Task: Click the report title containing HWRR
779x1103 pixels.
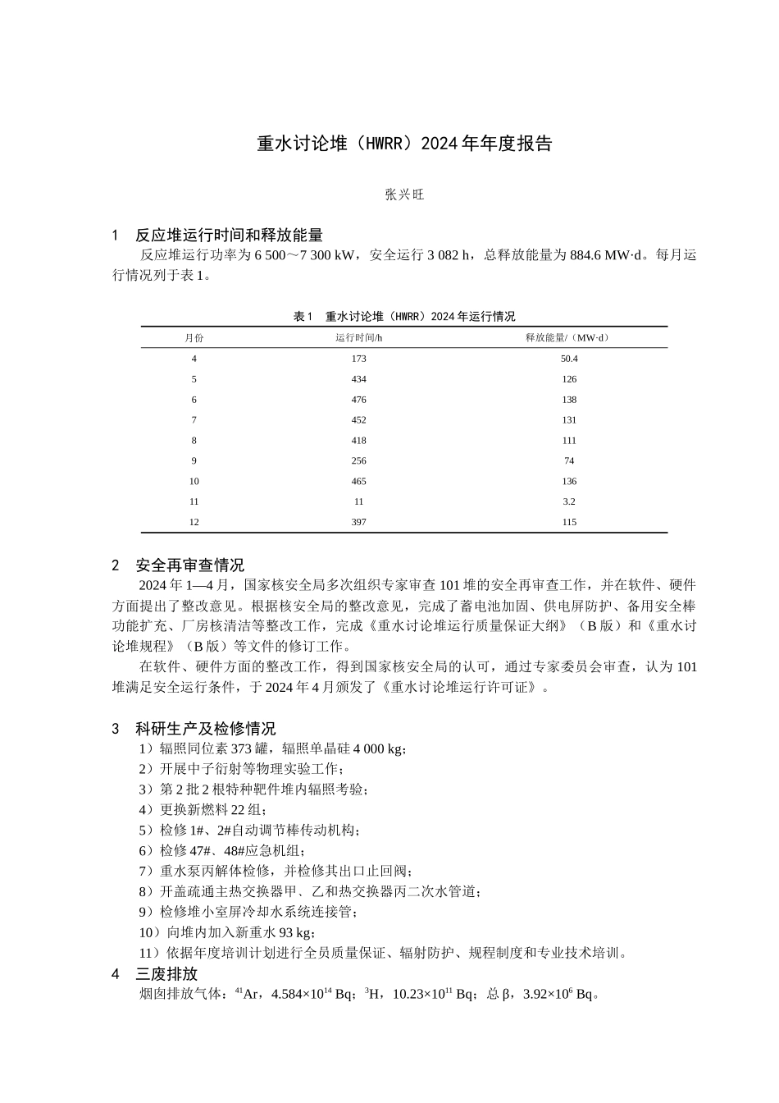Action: [x=404, y=144]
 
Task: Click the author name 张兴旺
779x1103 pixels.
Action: [x=404, y=195]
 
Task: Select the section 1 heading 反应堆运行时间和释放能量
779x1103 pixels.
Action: [x=229, y=236]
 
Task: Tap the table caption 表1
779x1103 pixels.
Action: [x=404, y=317]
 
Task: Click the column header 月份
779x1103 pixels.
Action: [x=194, y=338]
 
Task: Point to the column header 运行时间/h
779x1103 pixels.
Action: [x=358, y=338]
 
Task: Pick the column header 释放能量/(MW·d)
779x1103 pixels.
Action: [x=568, y=338]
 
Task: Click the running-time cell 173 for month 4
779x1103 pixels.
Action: [x=358, y=359]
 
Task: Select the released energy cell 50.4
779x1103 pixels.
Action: [x=569, y=359]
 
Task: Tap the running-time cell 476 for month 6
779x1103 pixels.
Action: [x=358, y=400]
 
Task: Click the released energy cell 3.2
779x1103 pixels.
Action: [x=569, y=501]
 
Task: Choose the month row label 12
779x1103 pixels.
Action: [x=194, y=522]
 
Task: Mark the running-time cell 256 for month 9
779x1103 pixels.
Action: [x=358, y=461]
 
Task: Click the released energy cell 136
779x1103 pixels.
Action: [x=569, y=482]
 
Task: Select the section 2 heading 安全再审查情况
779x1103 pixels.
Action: [x=189, y=565]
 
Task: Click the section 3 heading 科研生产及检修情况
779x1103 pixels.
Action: [x=206, y=728]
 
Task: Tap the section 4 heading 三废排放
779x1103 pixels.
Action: [x=166, y=974]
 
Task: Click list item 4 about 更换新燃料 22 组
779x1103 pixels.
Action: [x=203, y=809]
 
